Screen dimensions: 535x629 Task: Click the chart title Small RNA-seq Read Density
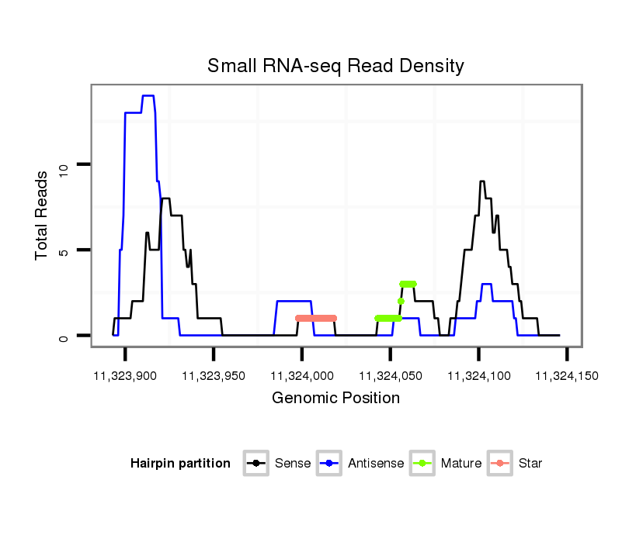335,66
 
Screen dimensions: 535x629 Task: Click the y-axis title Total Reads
43,215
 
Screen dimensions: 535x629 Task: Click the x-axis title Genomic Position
335,399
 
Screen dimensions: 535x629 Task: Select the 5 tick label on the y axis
64,250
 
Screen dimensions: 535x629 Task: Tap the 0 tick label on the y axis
64,337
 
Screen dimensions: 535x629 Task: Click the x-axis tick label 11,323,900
125,376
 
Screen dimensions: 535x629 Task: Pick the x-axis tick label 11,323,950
214,376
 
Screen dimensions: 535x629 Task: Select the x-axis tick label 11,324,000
301,376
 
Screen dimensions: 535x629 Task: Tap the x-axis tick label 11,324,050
390,376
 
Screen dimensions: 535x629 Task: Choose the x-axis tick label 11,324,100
478,376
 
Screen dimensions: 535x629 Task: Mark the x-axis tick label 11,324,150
567,376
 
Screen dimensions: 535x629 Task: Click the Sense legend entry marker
255,464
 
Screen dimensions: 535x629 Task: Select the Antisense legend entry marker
329,464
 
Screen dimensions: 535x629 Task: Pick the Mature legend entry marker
422,464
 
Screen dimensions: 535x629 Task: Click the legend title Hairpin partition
180,464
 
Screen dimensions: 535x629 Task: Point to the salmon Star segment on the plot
316,318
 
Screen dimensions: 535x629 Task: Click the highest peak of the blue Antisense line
148,96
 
